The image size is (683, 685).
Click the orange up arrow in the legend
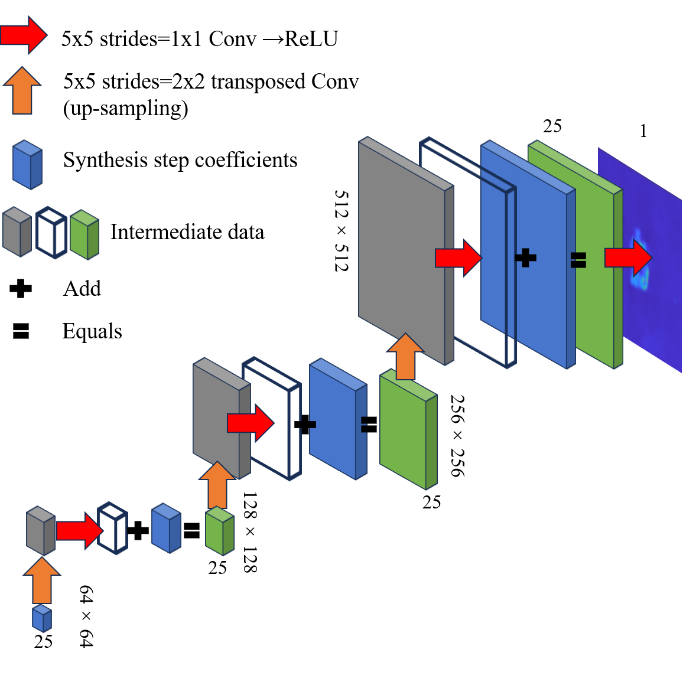pyautogui.click(x=22, y=92)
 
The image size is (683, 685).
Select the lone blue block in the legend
pyautogui.click(x=27, y=165)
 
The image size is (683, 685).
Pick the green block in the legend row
pyautogui.click(x=84, y=235)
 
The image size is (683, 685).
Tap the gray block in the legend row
pyautogui.click(x=17, y=232)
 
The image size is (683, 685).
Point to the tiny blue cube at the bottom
pyautogui.click(x=41, y=618)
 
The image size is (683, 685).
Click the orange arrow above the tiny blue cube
pyautogui.click(x=42, y=581)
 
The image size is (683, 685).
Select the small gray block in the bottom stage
pyautogui.click(x=40, y=531)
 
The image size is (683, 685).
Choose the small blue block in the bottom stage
pyautogui.click(x=166, y=529)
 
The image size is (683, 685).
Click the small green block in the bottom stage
pyautogui.click(x=219, y=531)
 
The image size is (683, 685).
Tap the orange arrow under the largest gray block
pyautogui.click(x=405, y=357)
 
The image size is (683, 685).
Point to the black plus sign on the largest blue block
pyautogui.click(x=525, y=257)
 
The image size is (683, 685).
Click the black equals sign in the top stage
pyautogui.click(x=578, y=260)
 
